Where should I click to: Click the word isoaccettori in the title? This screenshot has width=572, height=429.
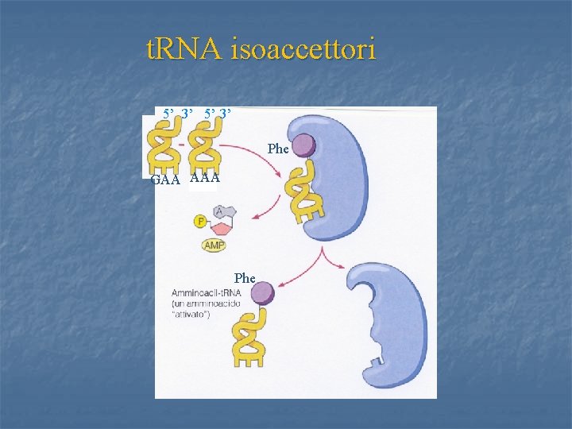303,51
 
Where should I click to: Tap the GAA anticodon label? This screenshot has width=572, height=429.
165,180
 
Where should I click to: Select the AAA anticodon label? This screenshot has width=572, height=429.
205,179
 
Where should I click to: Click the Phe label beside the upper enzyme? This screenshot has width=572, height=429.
278,149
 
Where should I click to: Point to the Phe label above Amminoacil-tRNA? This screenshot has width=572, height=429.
245,278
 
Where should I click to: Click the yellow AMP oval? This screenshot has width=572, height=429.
214,246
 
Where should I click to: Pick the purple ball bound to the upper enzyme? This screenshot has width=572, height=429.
303,146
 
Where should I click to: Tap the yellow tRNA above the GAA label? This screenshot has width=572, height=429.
167,147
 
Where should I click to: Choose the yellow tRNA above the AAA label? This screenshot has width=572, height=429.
206,147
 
